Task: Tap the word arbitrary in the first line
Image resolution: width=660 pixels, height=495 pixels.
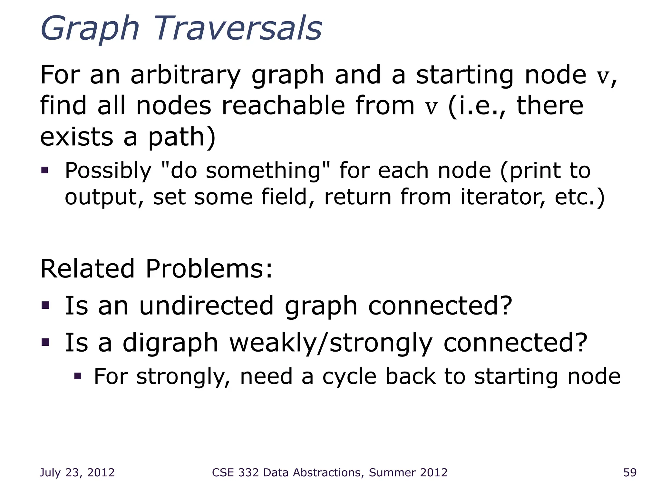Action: coord(185,75)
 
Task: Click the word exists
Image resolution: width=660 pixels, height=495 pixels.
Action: coord(76,137)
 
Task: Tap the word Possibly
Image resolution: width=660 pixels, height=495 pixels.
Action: coord(108,171)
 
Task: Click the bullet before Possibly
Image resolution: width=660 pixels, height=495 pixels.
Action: coord(45,170)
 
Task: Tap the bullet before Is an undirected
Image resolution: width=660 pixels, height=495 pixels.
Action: coord(45,305)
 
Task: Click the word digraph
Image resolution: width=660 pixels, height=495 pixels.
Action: coord(170,343)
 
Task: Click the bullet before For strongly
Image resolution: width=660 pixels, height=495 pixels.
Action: coord(78,376)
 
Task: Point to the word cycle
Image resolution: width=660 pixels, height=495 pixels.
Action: coord(349,377)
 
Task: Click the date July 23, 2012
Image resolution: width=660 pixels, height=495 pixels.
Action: coord(77,472)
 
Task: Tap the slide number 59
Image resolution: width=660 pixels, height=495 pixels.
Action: coord(630,472)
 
